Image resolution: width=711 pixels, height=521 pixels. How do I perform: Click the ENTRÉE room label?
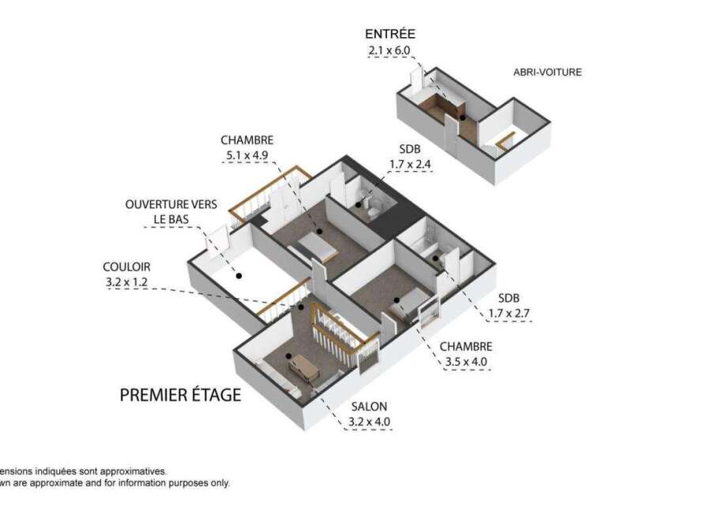tap(390, 34)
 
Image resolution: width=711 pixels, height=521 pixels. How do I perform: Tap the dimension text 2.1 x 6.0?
tap(389, 51)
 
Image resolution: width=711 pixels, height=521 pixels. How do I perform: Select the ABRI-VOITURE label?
tap(547, 72)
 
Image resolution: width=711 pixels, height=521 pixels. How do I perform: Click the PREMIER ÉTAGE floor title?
tap(180, 395)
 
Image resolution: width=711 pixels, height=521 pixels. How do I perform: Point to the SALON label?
tap(369, 407)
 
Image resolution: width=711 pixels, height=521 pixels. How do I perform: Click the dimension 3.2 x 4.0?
tap(369, 422)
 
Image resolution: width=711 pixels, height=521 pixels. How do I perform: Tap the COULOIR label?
tap(126, 267)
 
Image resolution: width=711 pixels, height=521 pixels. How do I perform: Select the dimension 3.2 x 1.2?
tap(126, 282)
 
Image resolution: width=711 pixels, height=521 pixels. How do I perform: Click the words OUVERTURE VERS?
tap(171, 204)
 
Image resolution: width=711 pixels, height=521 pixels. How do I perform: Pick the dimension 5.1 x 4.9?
tap(247, 156)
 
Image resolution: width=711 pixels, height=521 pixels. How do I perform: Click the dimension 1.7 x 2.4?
tap(410, 164)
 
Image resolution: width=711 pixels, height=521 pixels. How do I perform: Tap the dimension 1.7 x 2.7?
tap(509, 313)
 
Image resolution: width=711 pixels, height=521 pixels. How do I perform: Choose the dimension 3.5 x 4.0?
tap(466, 362)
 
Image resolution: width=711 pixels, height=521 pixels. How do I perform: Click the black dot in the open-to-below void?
tap(239, 275)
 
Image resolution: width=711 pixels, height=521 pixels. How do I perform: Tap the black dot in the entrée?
tap(462, 118)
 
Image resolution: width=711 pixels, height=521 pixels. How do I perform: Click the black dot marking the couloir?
tap(300, 307)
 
